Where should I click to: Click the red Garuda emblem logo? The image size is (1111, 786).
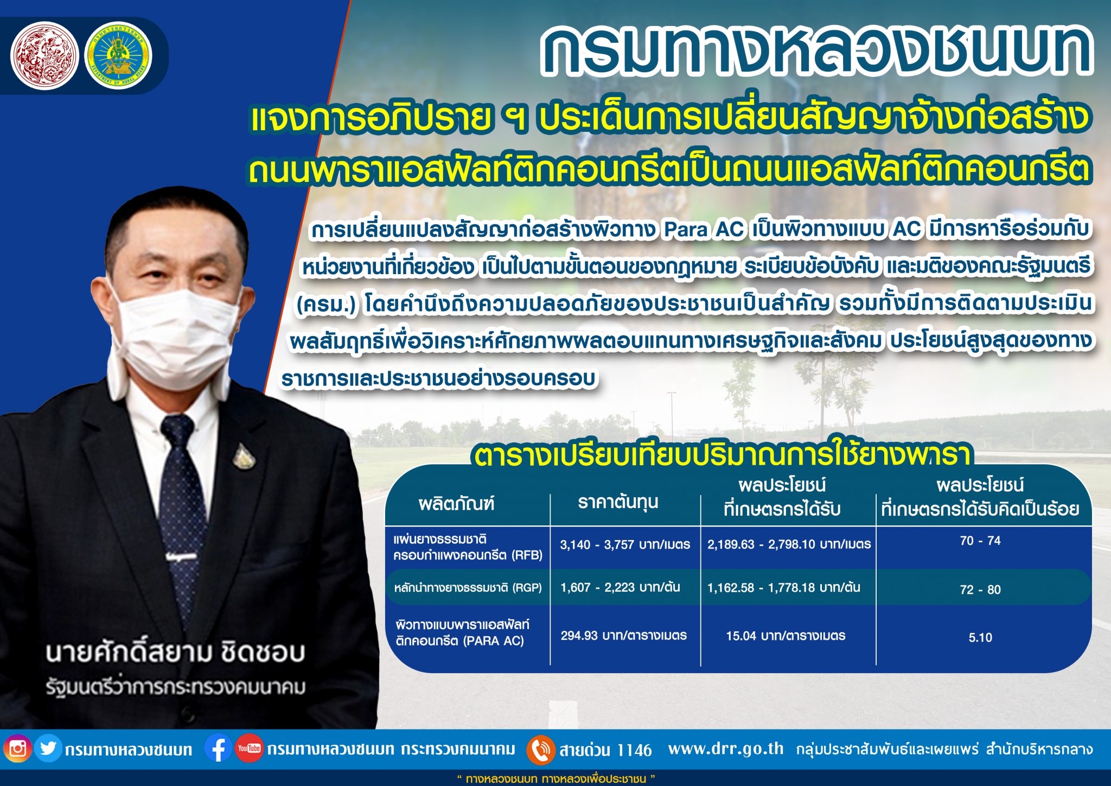(44, 56)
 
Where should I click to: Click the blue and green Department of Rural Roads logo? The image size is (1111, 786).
(119, 56)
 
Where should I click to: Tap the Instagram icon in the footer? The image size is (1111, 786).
(17, 749)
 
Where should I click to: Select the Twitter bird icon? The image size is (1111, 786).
(48, 749)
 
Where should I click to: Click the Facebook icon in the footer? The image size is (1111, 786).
(218, 749)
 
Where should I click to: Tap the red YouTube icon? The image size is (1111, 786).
(249, 749)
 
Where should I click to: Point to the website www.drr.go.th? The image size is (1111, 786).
(726, 749)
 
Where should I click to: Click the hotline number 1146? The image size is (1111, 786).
(634, 750)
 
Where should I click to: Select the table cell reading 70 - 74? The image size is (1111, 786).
(980, 541)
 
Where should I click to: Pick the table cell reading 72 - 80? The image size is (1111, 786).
(980, 589)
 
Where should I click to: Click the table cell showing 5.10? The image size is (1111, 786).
(980, 637)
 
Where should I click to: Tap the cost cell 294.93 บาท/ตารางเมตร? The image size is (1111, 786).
(623, 636)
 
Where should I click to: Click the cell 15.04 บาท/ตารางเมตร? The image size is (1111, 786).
(786, 636)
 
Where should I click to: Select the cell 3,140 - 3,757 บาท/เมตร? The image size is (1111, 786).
(625, 544)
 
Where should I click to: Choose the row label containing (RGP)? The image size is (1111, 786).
(468, 587)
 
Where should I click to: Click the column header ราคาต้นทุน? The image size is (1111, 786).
(618, 502)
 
